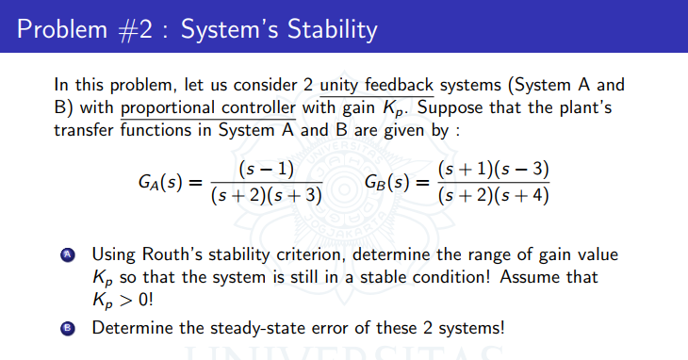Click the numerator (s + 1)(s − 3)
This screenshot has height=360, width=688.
pos(494,171)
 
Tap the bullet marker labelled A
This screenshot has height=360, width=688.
pos(67,258)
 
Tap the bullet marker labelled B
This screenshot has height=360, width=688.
pos(67,329)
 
